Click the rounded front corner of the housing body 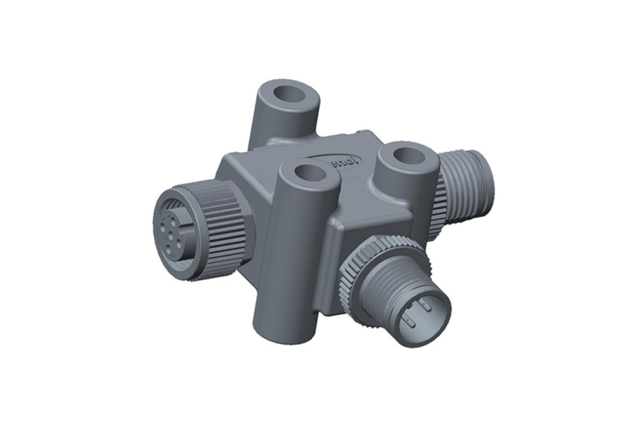(331, 230)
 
